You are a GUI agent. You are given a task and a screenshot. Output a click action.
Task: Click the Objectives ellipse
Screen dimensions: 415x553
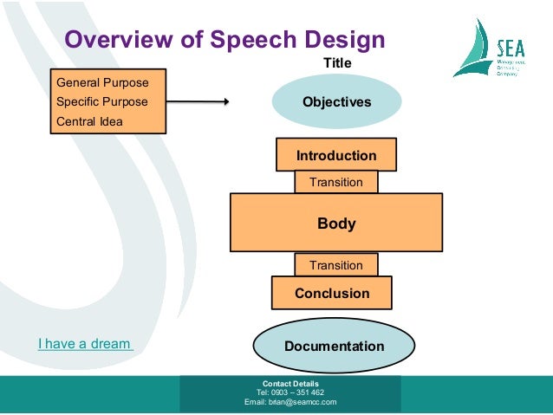click(336, 102)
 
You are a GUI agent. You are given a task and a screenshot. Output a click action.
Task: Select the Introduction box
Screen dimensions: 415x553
click(336, 156)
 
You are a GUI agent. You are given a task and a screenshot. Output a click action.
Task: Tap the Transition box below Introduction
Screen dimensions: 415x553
click(336, 183)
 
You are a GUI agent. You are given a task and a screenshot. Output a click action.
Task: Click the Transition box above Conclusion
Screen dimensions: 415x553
click(336, 264)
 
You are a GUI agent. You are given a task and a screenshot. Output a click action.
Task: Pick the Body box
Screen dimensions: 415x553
click(336, 224)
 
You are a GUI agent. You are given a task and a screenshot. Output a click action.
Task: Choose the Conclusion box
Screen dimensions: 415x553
click(332, 294)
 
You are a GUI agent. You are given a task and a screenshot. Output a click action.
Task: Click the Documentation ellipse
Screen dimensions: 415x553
click(334, 347)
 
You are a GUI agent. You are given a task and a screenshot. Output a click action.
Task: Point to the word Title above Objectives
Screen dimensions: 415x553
click(337, 63)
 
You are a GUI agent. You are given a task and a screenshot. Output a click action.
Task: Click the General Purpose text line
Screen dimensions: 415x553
click(102, 83)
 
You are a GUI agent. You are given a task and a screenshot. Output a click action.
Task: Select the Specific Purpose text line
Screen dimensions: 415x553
click(101, 102)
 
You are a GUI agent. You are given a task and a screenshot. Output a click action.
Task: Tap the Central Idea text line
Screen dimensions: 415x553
click(89, 121)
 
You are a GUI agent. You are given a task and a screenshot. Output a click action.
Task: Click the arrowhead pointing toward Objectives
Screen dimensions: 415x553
click(224, 102)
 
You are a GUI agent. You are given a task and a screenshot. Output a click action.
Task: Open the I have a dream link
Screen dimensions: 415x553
click(85, 344)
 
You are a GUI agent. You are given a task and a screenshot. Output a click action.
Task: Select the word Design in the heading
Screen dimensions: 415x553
click(342, 40)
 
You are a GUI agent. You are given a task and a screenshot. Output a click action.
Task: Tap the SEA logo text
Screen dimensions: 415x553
click(512, 49)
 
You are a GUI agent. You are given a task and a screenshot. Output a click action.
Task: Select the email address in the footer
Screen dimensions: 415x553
click(290, 402)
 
